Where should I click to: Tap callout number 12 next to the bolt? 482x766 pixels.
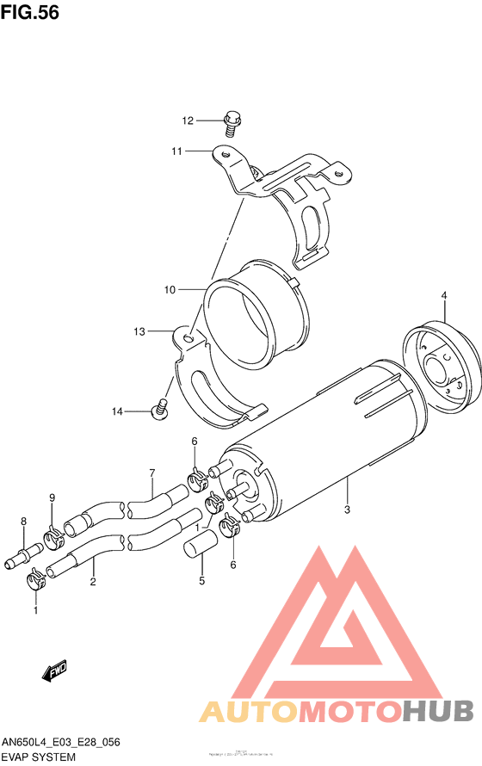coord(188,120)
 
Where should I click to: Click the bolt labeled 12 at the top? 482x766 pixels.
coord(231,123)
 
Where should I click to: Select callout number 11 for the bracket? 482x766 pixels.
coord(176,151)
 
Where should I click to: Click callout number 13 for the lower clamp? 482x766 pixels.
coord(139,330)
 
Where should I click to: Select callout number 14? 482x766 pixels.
coord(117,412)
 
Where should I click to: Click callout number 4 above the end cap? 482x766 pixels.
coord(444,296)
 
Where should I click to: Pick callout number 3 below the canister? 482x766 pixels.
coord(347,510)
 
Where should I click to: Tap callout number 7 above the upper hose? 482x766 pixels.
coord(151,473)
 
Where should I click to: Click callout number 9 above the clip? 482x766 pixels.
coord(52,497)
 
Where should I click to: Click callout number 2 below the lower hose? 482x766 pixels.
coord(92,581)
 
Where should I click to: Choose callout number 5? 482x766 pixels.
coord(202,580)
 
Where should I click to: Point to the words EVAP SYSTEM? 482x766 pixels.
coord(38,757)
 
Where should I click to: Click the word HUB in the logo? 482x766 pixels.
coord(438,710)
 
